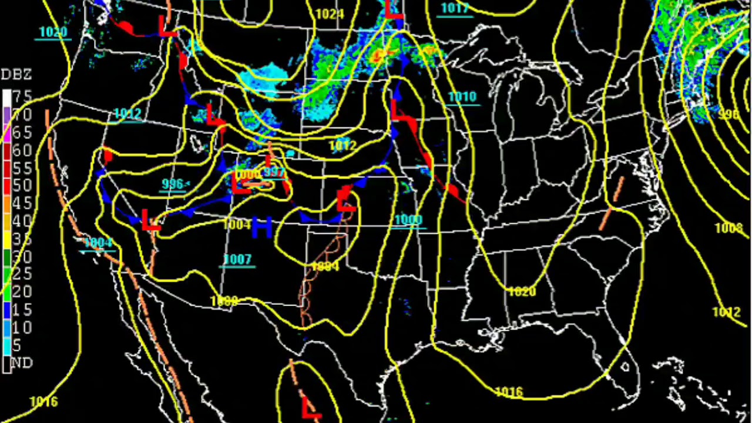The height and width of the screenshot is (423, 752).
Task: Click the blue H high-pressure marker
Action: (261, 227)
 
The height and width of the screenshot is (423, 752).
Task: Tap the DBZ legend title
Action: (16, 75)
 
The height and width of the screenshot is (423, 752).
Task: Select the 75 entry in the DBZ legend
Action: (23, 96)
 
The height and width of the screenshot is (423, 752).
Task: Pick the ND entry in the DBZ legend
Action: (22, 362)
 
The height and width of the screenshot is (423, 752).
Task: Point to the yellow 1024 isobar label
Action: (330, 14)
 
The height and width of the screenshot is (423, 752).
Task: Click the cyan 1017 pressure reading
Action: (455, 8)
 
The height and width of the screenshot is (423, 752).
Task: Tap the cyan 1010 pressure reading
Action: (462, 96)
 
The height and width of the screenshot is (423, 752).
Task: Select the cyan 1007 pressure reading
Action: (237, 259)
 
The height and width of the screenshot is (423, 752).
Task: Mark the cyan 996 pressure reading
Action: (173, 184)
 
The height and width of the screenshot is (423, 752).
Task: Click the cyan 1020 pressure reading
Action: (53, 32)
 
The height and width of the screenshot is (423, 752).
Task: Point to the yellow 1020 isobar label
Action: (522, 291)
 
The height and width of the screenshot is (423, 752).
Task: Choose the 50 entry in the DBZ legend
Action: (22, 186)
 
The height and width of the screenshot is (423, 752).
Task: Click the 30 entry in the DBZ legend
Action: (22, 257)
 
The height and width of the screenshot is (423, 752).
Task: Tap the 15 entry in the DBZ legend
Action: (22, 310)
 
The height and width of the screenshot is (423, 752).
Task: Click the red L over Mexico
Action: (311, 407)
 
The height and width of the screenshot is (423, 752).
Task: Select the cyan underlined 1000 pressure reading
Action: (408, 220)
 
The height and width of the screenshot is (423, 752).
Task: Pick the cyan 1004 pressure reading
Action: (98, 243)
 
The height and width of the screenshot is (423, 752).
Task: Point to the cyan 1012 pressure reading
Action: (127, 113)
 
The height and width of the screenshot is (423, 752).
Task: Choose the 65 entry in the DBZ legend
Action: (22, 132)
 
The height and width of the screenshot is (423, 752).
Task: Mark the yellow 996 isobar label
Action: (728, 115)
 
